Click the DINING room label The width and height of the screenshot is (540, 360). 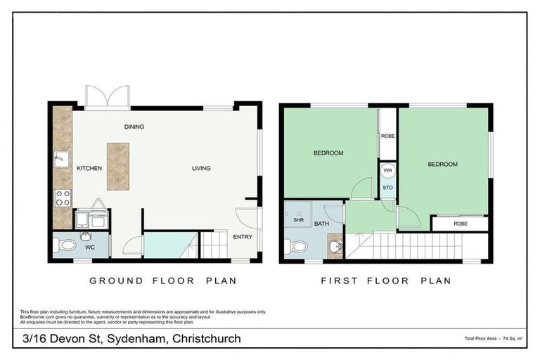[x=134, y=127]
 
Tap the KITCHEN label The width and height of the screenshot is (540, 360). [x=89, y=169]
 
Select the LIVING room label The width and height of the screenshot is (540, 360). [x=200, y=168]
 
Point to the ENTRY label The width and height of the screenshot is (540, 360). [x=243, y=237]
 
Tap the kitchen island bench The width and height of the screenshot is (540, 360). [x=117, y=166]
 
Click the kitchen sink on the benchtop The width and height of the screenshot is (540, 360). [x=61, y=160]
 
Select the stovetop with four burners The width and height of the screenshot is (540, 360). [x=62, y=198]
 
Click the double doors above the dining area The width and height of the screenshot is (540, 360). [x=107, y=96]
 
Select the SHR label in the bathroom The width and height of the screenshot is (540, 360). [x=298, y=219]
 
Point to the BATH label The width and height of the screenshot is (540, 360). [x=322, y=224]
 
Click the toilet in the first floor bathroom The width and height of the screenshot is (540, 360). [x=297, y=247]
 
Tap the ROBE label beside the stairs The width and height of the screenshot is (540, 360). [x=460, y=224]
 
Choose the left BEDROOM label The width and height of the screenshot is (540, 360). [x=328, y=153]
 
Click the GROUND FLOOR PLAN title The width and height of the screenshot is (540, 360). [x=162, y=281]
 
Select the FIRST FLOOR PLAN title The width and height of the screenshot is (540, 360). [x=385, y=281]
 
